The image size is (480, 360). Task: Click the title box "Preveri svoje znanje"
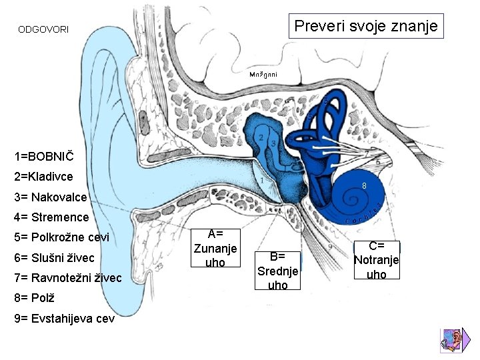[x=366, y=27]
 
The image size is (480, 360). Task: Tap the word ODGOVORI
[x=43, y=30]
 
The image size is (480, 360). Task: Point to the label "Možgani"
[x=263, y=74]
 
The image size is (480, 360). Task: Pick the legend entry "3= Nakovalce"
[x=50, y=197]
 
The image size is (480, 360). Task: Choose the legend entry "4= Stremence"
[x=51, y=217]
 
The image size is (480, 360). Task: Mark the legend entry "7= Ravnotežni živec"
[x=67, y=277]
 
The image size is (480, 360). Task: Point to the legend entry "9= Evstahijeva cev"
[x=64, y=318]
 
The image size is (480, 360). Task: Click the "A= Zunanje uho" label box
[x=215, y=247]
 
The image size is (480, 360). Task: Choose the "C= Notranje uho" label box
[x=377, y=259]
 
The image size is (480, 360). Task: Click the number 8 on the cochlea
[x=365, y=185]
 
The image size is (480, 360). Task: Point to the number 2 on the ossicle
[x=261, y=137]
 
